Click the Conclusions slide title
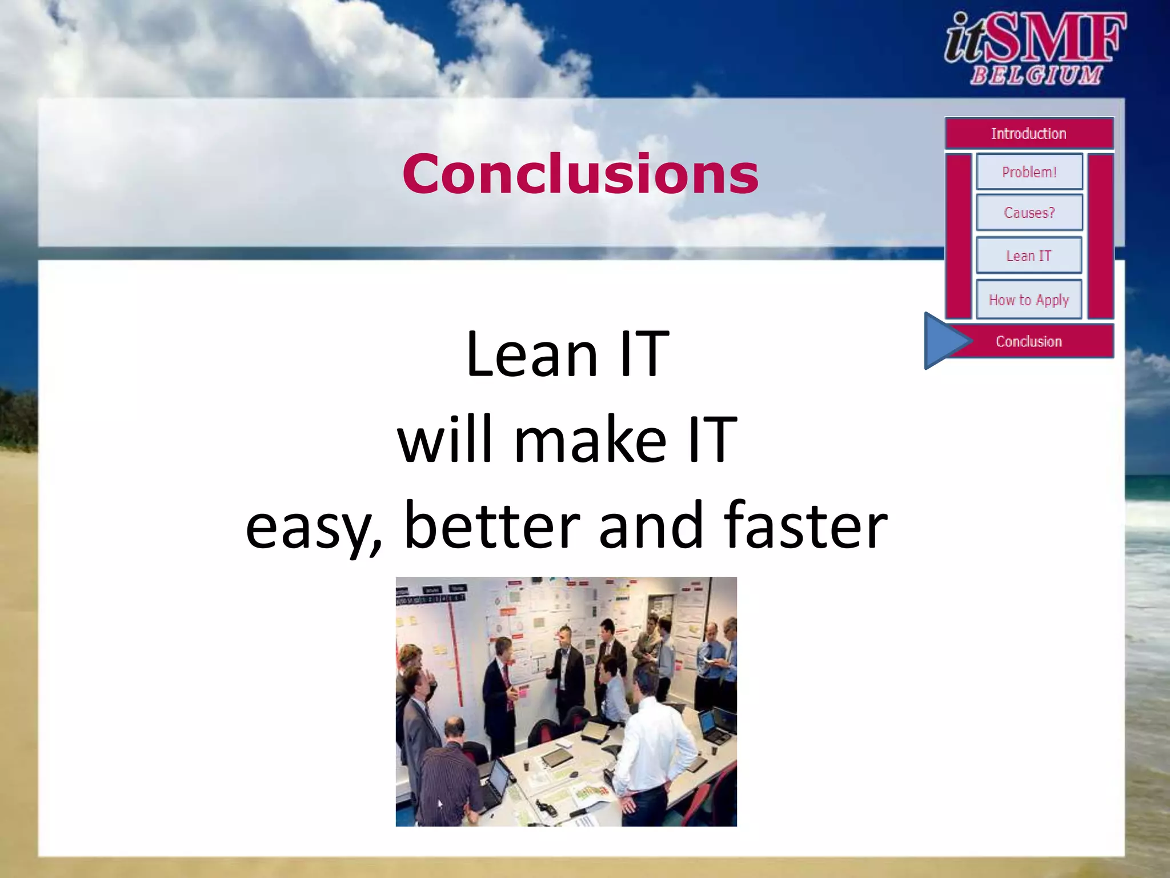tap(580, 174)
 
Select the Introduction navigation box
tap(1029, 134)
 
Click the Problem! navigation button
tap(1029, 172)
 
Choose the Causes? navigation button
tap(1029, 213)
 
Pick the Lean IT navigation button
tap(1029, 256)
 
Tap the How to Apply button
tap(1029, 300)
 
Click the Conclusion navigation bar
tap(1029, 341)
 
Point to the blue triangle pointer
tap(943, 341)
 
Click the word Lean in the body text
tap(531, 356)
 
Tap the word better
tap(492, 526)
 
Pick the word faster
tap(805, 526)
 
